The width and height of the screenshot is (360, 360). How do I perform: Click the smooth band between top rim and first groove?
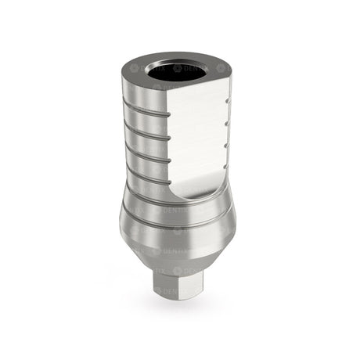(x=145, y=94)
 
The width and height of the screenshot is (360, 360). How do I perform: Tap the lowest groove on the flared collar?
(x=180, y=225)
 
